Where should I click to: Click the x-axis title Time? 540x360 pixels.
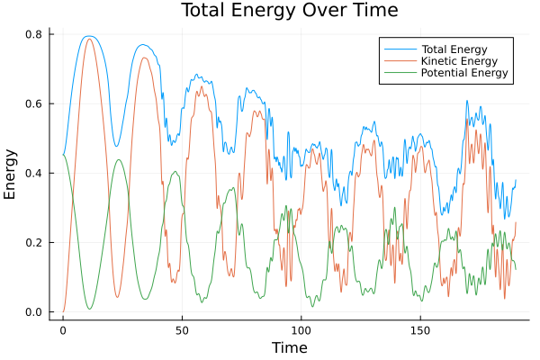tap(289, 348)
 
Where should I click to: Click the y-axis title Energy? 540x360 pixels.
tap(12, 174)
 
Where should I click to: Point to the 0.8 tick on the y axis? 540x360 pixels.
tap(35, 34)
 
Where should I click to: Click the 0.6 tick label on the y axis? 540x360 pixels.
tap(35, 103)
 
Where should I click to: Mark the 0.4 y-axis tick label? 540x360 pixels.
tap(35, 174)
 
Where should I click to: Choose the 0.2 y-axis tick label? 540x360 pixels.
tap(35, 243)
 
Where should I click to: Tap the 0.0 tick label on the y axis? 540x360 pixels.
tap(35, 312)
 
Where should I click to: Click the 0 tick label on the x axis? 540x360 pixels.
tap(63, 330)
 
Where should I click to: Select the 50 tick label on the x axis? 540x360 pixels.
tap(182, 330)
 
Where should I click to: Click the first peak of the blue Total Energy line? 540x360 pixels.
tap(88, 36)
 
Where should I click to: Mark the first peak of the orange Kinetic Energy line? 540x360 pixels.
tap(88, 39)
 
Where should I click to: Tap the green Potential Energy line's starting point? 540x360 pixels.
tap(63, 155)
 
